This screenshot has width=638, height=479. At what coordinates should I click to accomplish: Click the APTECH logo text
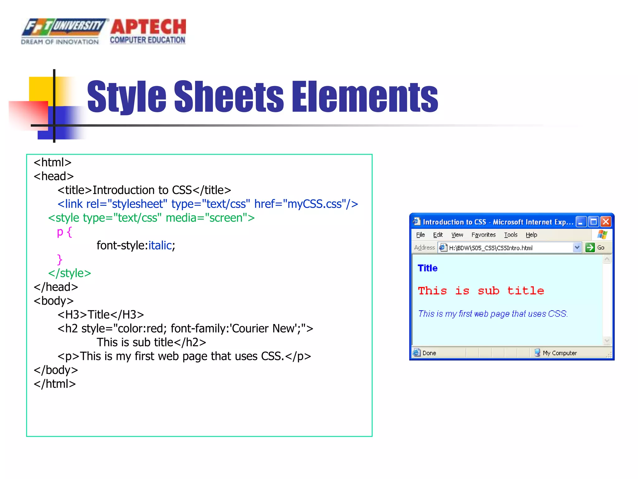tap(148, 27)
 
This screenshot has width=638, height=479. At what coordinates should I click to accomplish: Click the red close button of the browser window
tap(606, 222)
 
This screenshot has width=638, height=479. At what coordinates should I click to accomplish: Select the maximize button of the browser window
tap(594, 222)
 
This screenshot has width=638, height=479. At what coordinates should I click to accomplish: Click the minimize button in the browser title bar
tap(581, 222)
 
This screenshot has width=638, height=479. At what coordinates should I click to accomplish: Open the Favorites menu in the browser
tap(483, 235)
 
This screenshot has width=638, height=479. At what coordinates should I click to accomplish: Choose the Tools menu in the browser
tap(511, 235)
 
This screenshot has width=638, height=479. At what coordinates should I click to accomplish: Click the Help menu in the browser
tap(531, 235)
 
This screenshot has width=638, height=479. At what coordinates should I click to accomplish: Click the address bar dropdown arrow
tap(577, 248)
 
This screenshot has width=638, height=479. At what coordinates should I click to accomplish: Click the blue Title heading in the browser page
tap(427, 268)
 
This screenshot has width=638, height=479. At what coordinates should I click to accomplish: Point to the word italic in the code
tap(160, 245)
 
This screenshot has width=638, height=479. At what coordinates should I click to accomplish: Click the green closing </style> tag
tap(69, 273)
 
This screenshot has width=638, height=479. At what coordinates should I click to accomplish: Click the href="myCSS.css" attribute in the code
tap(306, 204)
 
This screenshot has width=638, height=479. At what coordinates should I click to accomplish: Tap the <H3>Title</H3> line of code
tap(101, 315)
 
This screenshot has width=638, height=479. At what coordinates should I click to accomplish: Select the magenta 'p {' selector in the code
tap(64, 232)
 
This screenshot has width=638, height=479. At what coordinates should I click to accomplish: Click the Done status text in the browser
tap(429, 353)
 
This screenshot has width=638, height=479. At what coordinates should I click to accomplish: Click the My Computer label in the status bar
tap(559, 353)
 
